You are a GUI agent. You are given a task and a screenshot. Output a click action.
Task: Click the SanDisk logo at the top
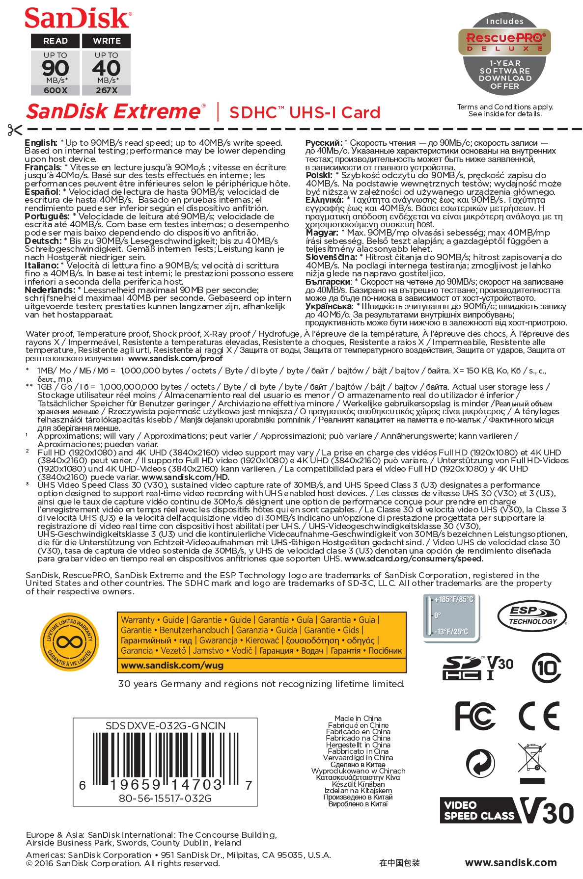click(x=78, y=18)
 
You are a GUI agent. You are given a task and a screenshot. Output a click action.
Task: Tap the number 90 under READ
click(x=56, y=68)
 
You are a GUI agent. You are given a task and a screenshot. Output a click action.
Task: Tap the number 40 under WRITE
click(x=106, y=68)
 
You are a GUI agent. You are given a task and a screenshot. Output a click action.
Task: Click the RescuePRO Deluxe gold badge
click(x=504, y=42)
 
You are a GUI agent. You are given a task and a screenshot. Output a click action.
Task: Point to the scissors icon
click(x=15, y=130)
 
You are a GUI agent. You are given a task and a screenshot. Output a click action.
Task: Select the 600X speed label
click(x=56, y=90)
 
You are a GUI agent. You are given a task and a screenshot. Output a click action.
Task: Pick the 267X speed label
click(x=106, y=90)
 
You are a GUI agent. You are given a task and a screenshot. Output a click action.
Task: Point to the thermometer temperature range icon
click(x=451, y=617)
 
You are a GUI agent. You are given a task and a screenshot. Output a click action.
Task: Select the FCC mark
click(x=475, y=716)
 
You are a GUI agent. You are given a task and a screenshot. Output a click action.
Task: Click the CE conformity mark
click(x=539, y=716)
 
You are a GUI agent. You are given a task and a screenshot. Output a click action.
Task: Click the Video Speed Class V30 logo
click(x=506, y=811)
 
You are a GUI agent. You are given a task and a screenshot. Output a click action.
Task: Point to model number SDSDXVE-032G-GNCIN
click(x=166, y=726)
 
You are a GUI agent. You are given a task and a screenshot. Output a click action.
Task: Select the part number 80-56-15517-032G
click(x=166, y=799)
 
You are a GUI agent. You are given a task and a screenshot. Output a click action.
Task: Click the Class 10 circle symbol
click(x=547, y=668)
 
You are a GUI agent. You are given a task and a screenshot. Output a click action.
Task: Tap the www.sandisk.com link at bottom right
click(x=511, y=863)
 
